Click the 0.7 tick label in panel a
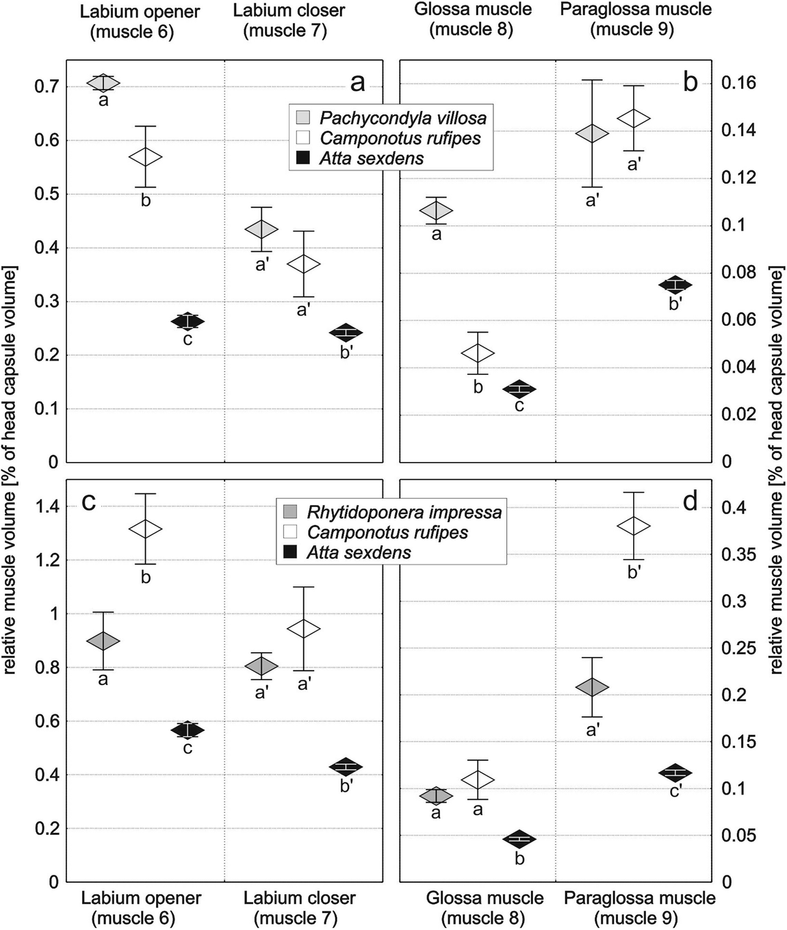point(46,87)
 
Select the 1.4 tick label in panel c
point(46,507)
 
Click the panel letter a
point(357,83)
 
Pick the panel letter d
point(690,502)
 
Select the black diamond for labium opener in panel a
point(188,322)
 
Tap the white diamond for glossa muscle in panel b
point(478,353)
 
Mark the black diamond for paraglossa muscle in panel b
point(675,285)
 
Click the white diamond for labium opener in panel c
point(145,528)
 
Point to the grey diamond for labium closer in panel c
point(261,665)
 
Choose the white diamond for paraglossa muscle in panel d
point(634,526)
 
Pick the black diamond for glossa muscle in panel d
point(519,839)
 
